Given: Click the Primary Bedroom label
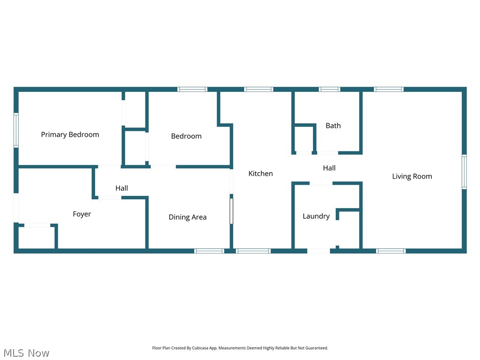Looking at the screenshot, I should [70, 135].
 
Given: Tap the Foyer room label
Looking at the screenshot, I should [82, 214].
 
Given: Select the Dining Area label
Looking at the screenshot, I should [187, 217].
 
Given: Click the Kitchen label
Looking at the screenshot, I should [260, 173].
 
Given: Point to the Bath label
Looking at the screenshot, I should [333, 126].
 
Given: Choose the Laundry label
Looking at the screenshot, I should [316, 216].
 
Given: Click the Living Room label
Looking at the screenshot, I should [412, 176].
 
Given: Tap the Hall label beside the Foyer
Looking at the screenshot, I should [121, 188].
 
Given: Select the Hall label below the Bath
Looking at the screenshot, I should [329, 168].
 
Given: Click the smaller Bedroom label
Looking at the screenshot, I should [186, 136].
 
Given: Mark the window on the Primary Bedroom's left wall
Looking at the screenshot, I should [16, 130].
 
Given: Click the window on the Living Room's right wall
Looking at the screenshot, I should [464, 172].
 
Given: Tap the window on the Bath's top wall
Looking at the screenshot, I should [330, 89].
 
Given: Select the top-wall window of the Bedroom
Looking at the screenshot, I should [192, 89].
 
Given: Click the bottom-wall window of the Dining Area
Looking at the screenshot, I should [209, 251].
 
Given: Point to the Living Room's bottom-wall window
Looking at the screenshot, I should [391, 251].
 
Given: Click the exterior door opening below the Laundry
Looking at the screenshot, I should [318, 251].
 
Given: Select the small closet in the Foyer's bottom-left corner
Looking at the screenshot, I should [37, 238].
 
